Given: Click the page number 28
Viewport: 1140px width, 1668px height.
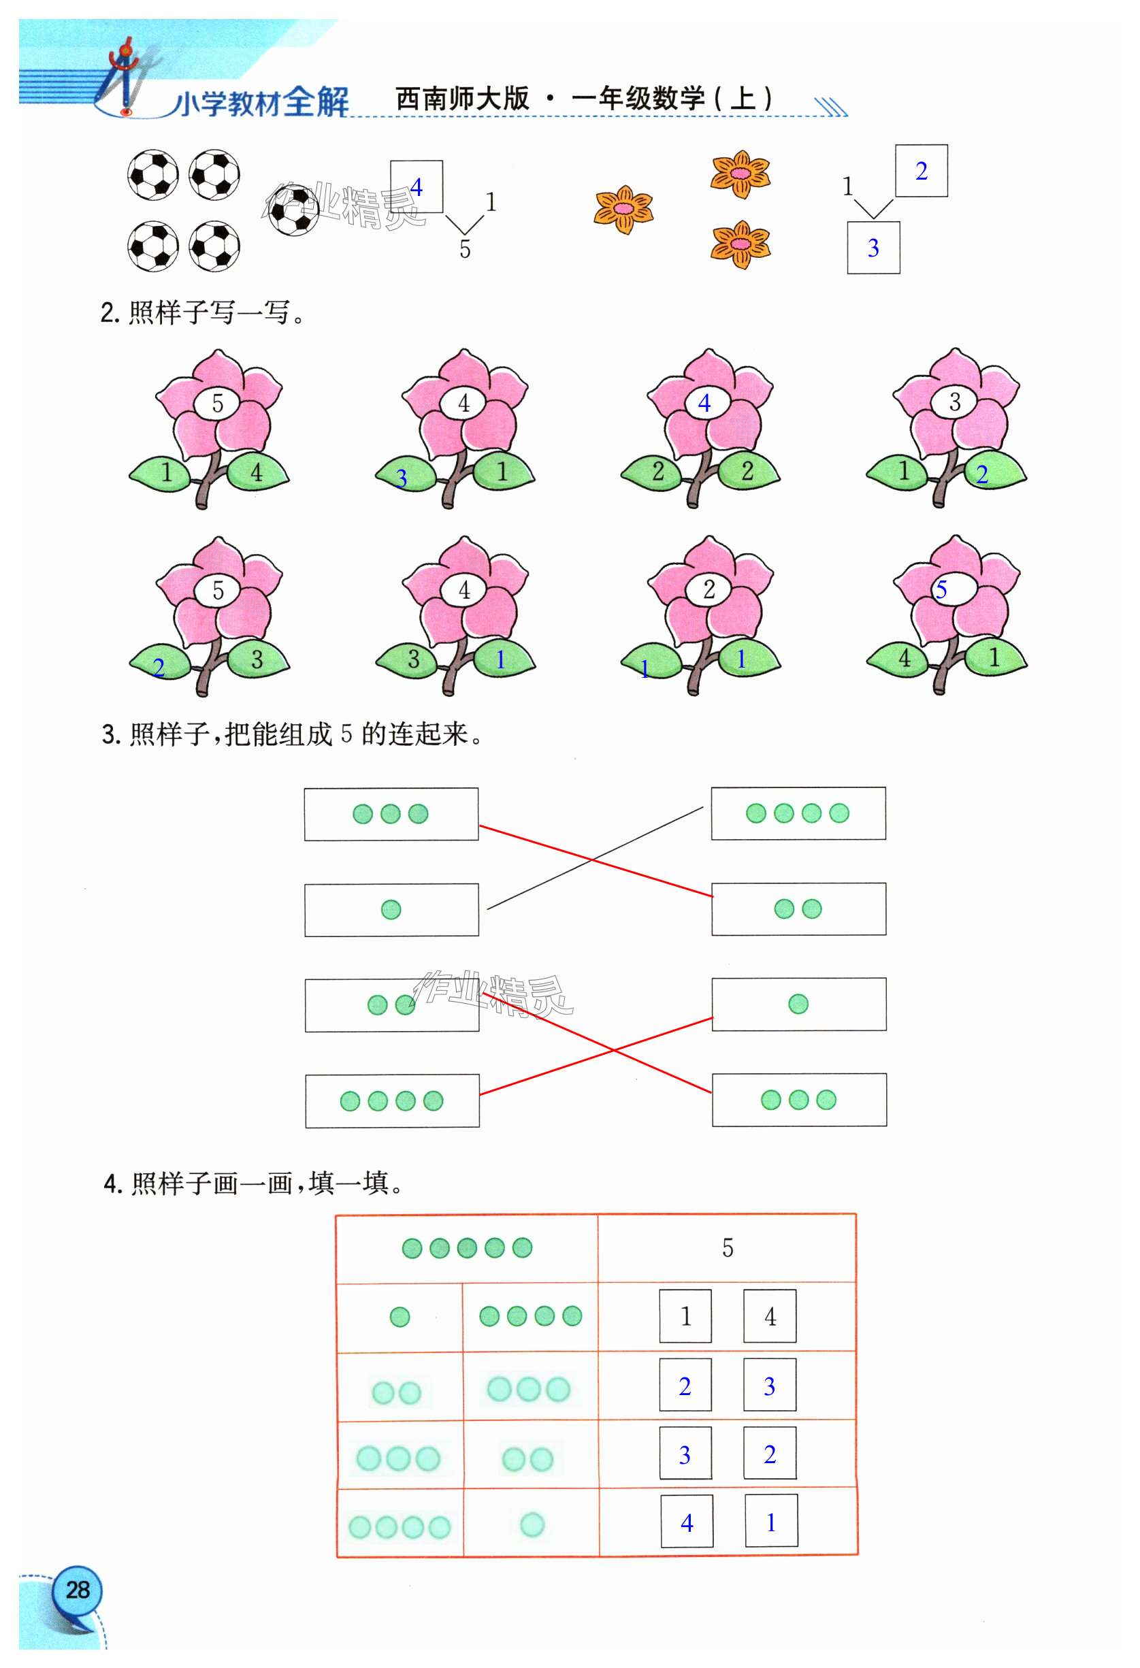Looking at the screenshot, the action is [78, 1590].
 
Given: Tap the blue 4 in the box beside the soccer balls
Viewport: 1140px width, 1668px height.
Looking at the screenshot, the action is [417, 187].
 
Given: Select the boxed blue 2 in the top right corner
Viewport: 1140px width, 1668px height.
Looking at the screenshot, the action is [921, 171].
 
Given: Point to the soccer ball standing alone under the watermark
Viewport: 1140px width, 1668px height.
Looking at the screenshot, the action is [293, 210].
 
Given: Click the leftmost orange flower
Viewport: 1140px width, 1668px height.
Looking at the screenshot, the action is [623, 210].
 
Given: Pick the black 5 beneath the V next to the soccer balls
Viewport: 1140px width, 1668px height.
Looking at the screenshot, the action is [466, 249].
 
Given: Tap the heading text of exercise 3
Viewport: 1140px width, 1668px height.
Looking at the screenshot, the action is [292, 734].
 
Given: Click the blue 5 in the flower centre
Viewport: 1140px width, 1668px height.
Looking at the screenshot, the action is [941, 589].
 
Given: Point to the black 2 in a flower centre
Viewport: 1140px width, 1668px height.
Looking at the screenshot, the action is [709, 589].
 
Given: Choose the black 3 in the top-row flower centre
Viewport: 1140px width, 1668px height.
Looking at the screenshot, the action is [955, 402].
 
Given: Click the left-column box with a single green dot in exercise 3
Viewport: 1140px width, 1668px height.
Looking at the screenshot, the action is [391, 910].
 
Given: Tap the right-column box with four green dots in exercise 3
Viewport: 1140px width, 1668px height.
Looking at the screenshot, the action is [798, 813].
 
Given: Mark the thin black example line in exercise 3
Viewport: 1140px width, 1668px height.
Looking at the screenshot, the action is [595, 858].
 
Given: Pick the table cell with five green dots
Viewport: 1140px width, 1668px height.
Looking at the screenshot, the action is [468, 1248].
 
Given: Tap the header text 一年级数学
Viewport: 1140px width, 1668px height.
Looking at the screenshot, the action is [638, 98].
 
